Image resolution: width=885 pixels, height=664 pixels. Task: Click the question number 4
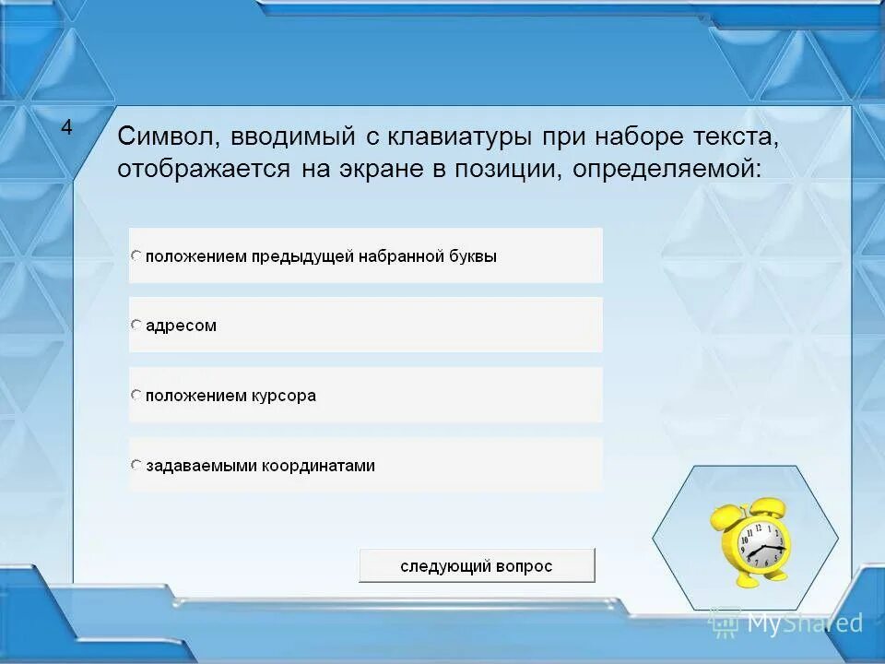coord(66,128)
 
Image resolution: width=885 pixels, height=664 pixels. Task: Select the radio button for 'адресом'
coord(136,325)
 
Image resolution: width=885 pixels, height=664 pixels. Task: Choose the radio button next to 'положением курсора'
coord(136,395)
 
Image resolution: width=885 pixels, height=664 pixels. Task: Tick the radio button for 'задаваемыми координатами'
coord(136,465)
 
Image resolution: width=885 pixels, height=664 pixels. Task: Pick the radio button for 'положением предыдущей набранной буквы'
coord(136,255)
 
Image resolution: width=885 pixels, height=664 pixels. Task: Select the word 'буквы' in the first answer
coord(475,256)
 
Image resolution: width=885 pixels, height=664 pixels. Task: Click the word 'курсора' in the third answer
coord(284,396)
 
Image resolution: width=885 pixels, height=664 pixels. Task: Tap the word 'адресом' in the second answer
coord(181,326)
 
